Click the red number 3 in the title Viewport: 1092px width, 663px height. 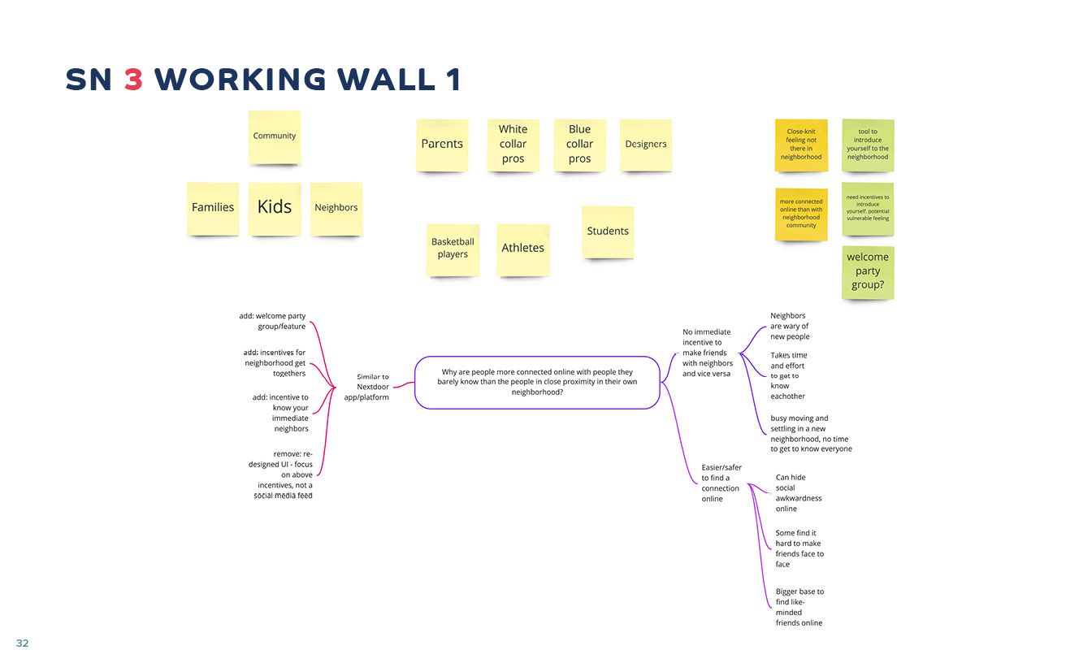point(133,80)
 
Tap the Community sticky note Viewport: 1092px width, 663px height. point(275,136)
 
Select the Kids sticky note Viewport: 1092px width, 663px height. point(275,208)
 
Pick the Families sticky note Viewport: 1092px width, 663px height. point(213,208)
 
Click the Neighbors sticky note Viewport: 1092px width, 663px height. point(336,208)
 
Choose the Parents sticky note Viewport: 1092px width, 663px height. point(442,145)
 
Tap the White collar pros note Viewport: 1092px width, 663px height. point(513,145)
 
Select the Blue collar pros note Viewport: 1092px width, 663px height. point(579,145)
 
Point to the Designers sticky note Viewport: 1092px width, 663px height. point(646,145)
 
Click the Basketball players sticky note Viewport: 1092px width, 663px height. point(453,249)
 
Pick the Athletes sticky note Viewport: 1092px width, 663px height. point(522,249)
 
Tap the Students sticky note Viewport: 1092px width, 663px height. point(608,232)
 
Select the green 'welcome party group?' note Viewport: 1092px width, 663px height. point(868,271)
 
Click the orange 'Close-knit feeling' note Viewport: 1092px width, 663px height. point(801,145)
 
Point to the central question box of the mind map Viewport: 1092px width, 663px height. point(536,382)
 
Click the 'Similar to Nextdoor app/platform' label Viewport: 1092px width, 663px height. point(373,387)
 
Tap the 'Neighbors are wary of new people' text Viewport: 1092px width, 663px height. point(790,326)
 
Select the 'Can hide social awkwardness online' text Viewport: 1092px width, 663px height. point(798,493)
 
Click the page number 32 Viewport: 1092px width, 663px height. point(22,643)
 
